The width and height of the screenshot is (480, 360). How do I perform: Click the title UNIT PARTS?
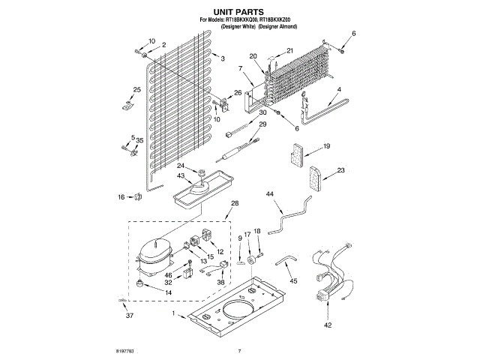tap(239, 12)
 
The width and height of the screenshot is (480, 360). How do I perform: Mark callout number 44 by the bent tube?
tap(270, 194)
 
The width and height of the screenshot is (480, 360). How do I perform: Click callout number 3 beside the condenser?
tap(222, 58)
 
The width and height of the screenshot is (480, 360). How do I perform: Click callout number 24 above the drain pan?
tap(181, 166)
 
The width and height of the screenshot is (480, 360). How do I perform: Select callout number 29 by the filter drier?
tap(262, 124)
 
